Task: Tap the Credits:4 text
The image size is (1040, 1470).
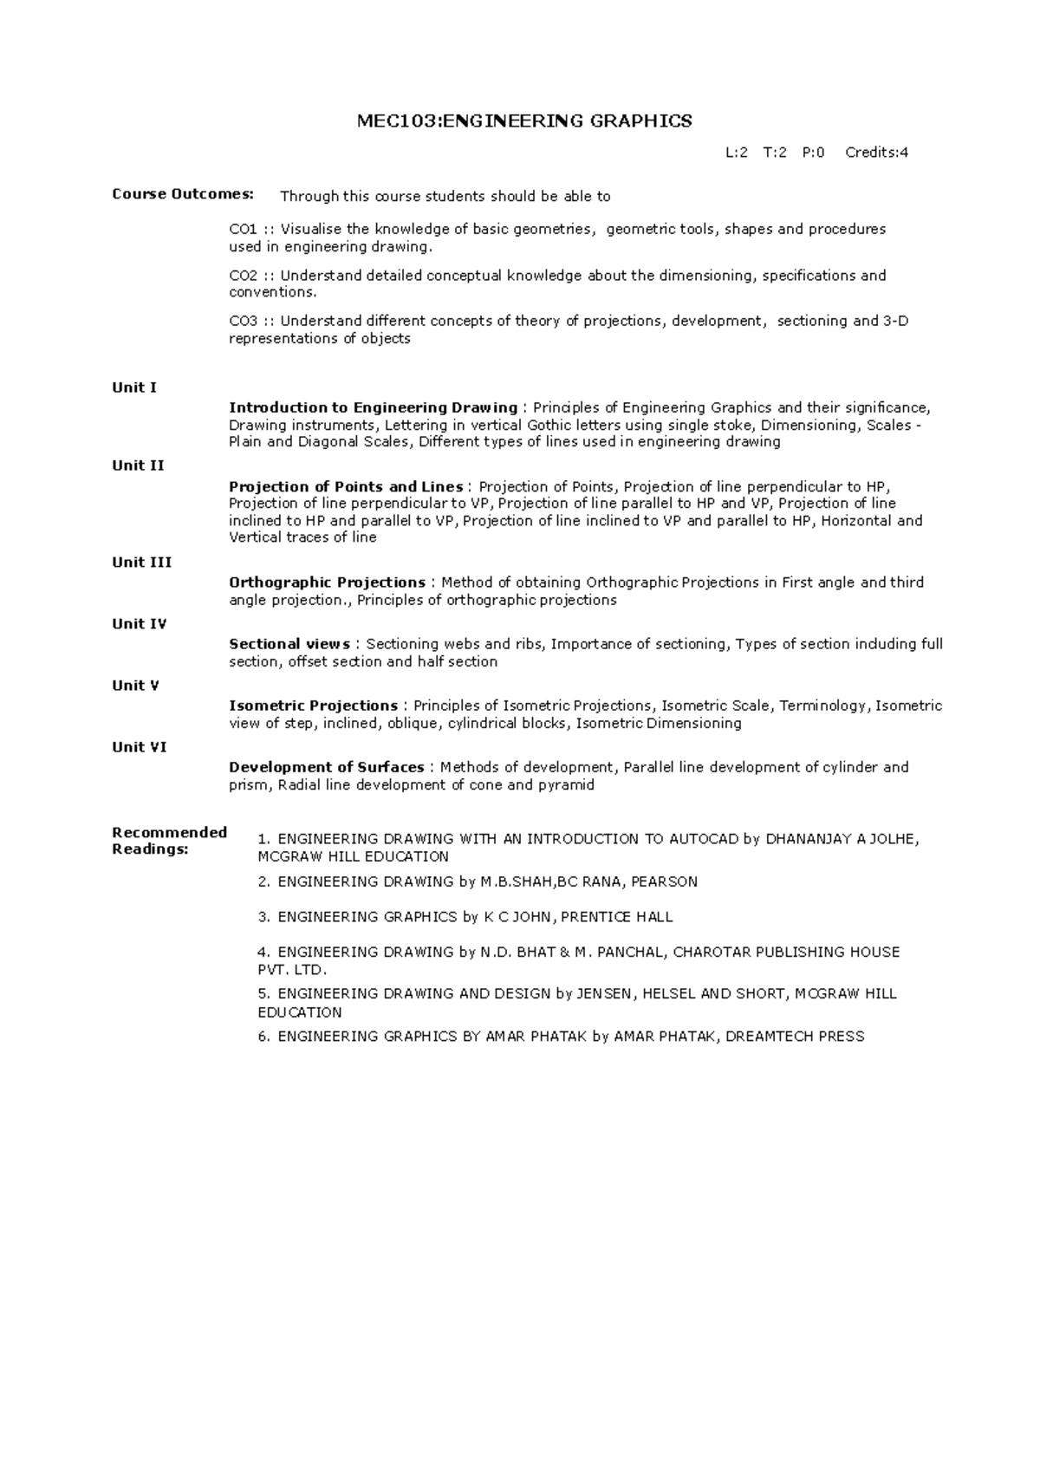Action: (x=876, y=153)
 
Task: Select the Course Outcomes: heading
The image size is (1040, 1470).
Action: (x=183, y=194)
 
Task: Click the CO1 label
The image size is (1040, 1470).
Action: (x=243, y=230)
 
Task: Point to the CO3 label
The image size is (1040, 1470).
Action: (x=243, y=322)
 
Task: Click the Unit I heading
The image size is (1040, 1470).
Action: (x=134, y=387)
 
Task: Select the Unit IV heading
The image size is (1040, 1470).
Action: (x=139, y=624)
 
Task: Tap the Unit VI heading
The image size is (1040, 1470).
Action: (x=139, y=747)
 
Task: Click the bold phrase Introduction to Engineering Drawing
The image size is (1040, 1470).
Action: (x=373, y=408)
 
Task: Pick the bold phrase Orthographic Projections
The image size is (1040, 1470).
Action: (x=327, y=582)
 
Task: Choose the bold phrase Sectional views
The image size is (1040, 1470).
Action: (x=289, y=644)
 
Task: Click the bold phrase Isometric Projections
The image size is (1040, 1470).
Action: (x=313, y=706)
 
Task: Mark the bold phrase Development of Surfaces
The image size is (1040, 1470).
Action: (x=326, y=767)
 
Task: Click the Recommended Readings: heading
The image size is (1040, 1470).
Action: (x=169, y=841)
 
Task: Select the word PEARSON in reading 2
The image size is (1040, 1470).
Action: (x=664, y=882)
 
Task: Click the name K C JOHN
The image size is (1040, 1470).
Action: (x=517, y=917)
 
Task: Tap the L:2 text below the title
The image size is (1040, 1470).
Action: (x=737, y=153)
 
